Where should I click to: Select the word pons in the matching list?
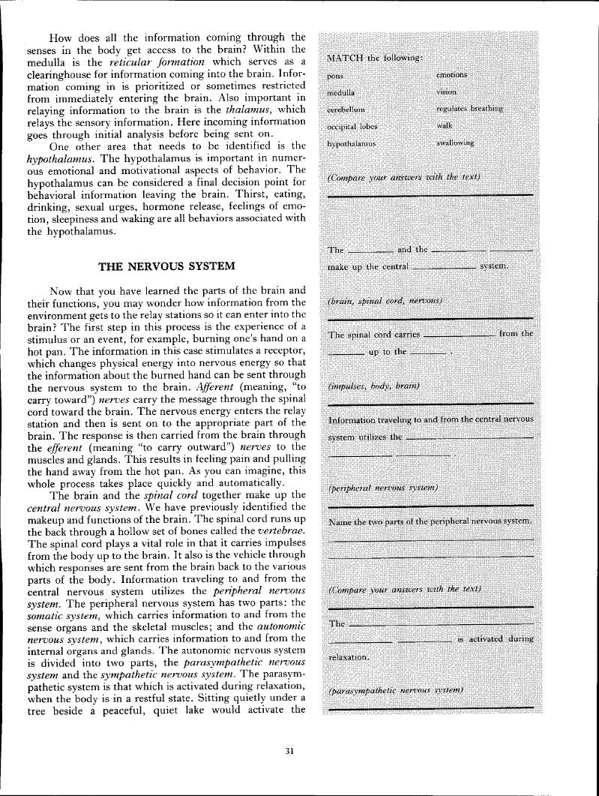click(336, 76)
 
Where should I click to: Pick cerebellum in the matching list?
click(346, 109)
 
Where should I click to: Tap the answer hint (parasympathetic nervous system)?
click(395, 689)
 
